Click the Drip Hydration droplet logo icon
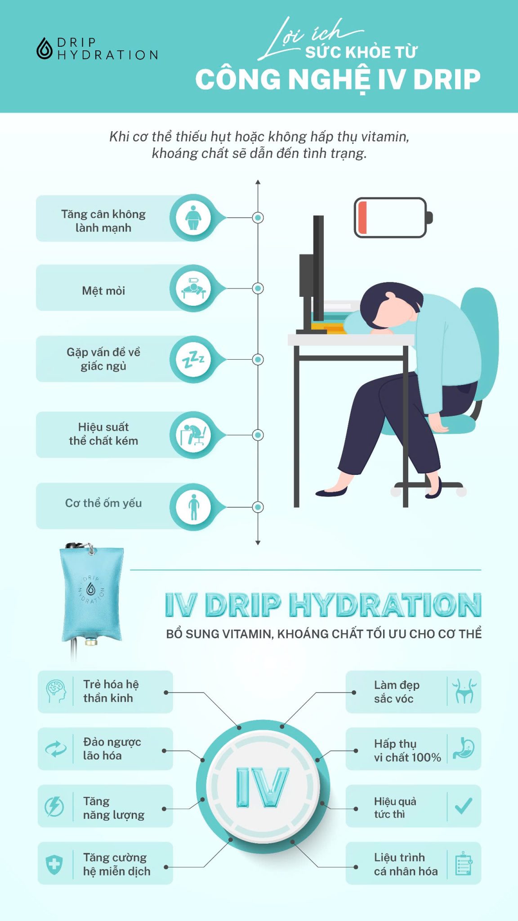44,49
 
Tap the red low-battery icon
390,218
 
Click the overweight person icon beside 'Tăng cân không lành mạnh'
193,218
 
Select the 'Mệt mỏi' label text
103,291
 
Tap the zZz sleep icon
193,359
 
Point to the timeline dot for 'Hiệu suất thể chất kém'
258,435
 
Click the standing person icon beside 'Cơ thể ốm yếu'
193,507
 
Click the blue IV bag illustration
91,594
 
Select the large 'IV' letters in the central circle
263,787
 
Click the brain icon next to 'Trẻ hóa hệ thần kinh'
56,692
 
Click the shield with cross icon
54,864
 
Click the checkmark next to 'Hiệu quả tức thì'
464,806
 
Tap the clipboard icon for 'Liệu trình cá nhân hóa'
464,863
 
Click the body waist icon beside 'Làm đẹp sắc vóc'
464,692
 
